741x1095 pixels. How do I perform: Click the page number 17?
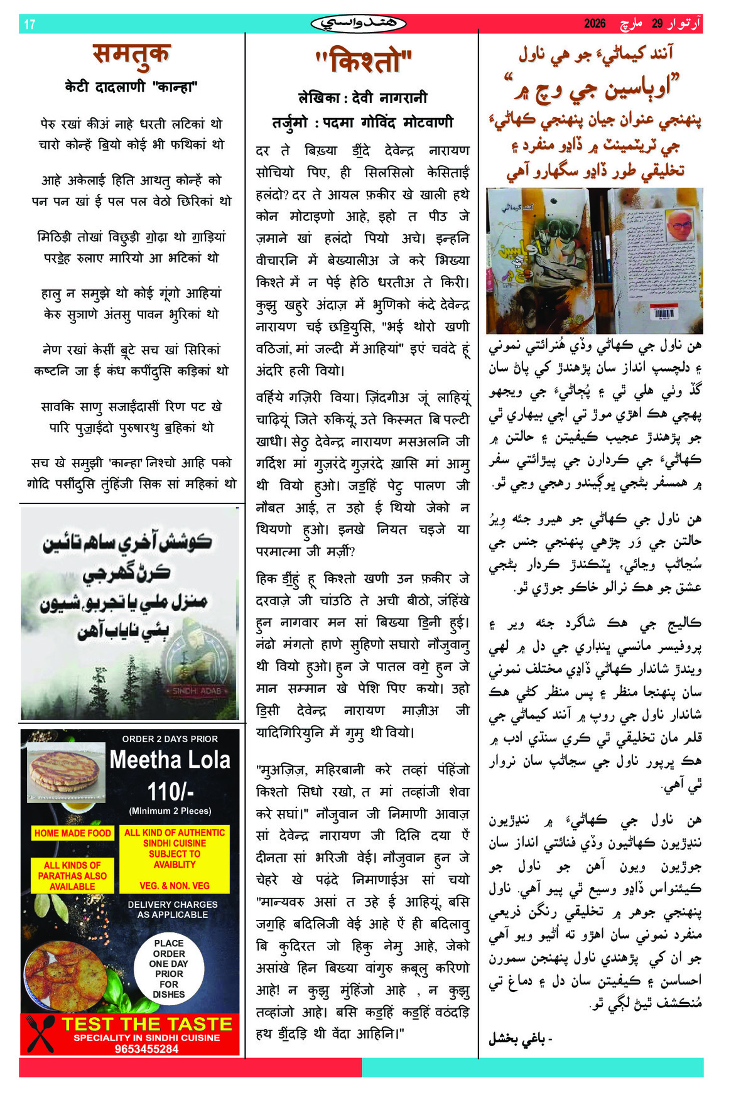click(x=30, y=24)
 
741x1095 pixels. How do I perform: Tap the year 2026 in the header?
click(x=594, y=24)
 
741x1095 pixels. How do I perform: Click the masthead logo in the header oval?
click(x=359, y=24)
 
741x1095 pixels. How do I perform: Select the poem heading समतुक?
click(x=131, y=55)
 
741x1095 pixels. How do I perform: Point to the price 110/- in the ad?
click(x=170, y=790)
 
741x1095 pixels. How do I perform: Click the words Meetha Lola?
click(x=170, y=760)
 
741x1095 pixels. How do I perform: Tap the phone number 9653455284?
click(x=146, y=1049)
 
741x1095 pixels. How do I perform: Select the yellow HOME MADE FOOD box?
click(x=73, y=833)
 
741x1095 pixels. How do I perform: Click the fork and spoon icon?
click(x=41, y=1033)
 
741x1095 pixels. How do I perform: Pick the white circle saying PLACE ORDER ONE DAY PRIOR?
click(x=169, y=968)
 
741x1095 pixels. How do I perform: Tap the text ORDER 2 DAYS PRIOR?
click(x=170, y=739)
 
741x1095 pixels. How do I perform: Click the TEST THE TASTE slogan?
click(x=146, y=1024)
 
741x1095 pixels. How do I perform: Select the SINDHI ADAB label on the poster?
click(x=197, y=691)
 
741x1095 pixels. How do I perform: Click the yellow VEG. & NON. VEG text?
click(x=175, y=886)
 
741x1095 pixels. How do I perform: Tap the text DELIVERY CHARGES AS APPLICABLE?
click(x=173, y=909)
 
